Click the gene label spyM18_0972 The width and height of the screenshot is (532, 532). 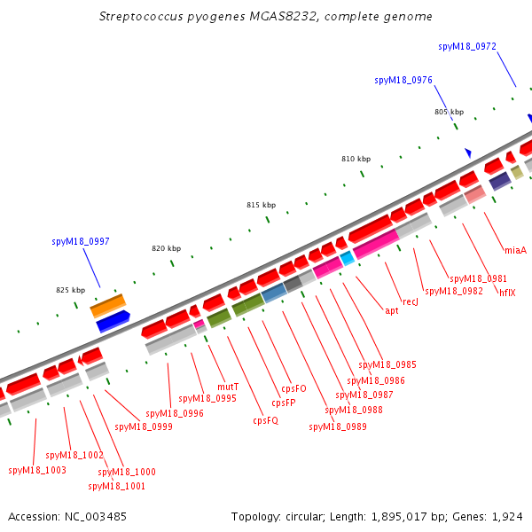pyautogui.click(x=467, y=46)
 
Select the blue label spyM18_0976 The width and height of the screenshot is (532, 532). pyautogui.click(x=403, y=80)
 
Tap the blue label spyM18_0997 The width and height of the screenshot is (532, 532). pyautogui.click(x=81, y=241)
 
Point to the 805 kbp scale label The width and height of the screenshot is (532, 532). pyautogui.click(x=449, y=112)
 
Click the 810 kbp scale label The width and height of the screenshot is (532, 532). pyautogui.click(x=356, y=159)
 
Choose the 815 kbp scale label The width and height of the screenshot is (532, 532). pyautogui.click(x=261, y=205)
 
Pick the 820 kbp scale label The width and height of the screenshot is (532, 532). pyautogui.click(x=166, y=249)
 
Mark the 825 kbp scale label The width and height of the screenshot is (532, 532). pyautogui.click(x=70, y=290)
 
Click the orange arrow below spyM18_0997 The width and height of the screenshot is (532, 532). pyautogui.click(x=108, y=305)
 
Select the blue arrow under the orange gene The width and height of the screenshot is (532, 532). pyautogui.click(x=113, y=321)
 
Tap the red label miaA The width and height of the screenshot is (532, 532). pyautogui.click(x=515, y=250)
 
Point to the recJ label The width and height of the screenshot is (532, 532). pyautogui.click(x=410, y=302)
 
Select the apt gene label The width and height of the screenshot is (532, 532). pyautogui.click(x=391, y=310)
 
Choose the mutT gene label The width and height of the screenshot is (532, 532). pyautogui.click(x=228, y=387)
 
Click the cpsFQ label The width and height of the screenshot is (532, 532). pyautogui.click(x=266, y=420)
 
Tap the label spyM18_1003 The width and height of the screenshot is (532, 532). pyautogui.click(x=37, y=470)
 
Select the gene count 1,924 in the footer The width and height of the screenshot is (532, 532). pyautogui.click(x=511, y=516)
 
